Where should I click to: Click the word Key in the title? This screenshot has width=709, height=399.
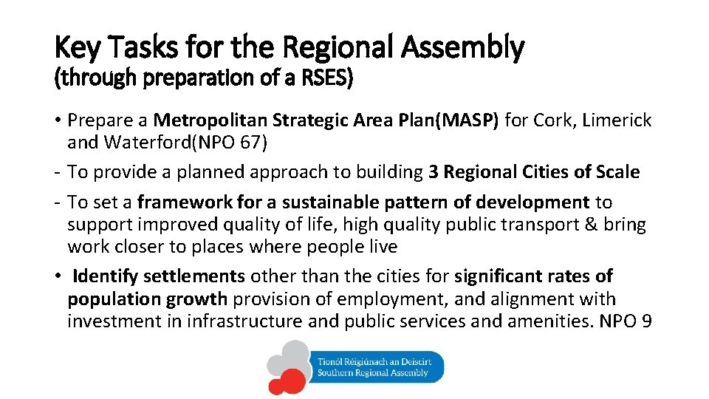coord(72,49)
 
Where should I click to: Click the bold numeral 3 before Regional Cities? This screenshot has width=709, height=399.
coord(434,172)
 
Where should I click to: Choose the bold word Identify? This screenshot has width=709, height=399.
coord(106,276)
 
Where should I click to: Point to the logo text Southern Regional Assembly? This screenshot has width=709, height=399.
coord(372,373)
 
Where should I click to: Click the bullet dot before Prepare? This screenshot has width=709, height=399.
coord(58,120)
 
